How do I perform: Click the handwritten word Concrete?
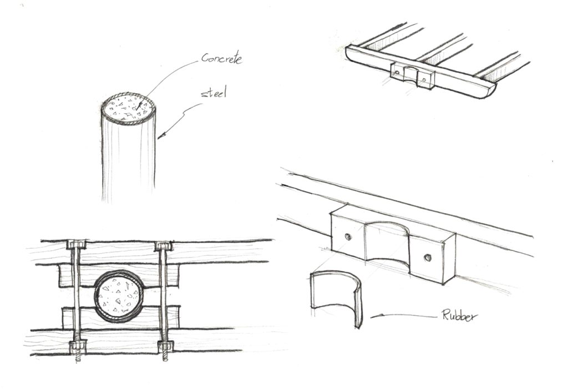(x=221, y=58)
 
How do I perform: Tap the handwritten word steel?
(x=213, y=94)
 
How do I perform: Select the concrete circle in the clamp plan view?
(x=118, y=296)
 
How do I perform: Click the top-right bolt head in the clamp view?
(x=163, y=245)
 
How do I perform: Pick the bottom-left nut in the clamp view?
(x=77, y=347)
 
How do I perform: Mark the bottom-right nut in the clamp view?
(x=165, y=348)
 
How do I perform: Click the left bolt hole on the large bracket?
(x=348, y=236)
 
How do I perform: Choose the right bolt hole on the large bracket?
(x=427, y=257)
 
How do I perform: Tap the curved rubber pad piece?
(x=335, y=297)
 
